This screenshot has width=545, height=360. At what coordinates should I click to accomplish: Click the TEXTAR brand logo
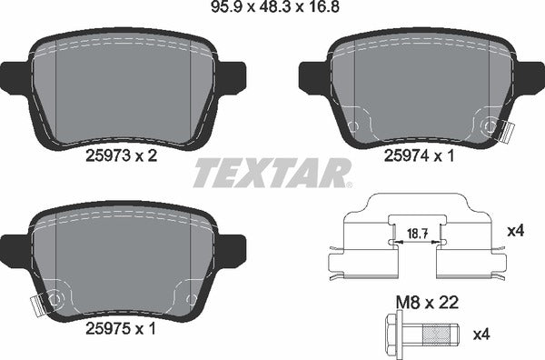[x=272, y=172]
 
